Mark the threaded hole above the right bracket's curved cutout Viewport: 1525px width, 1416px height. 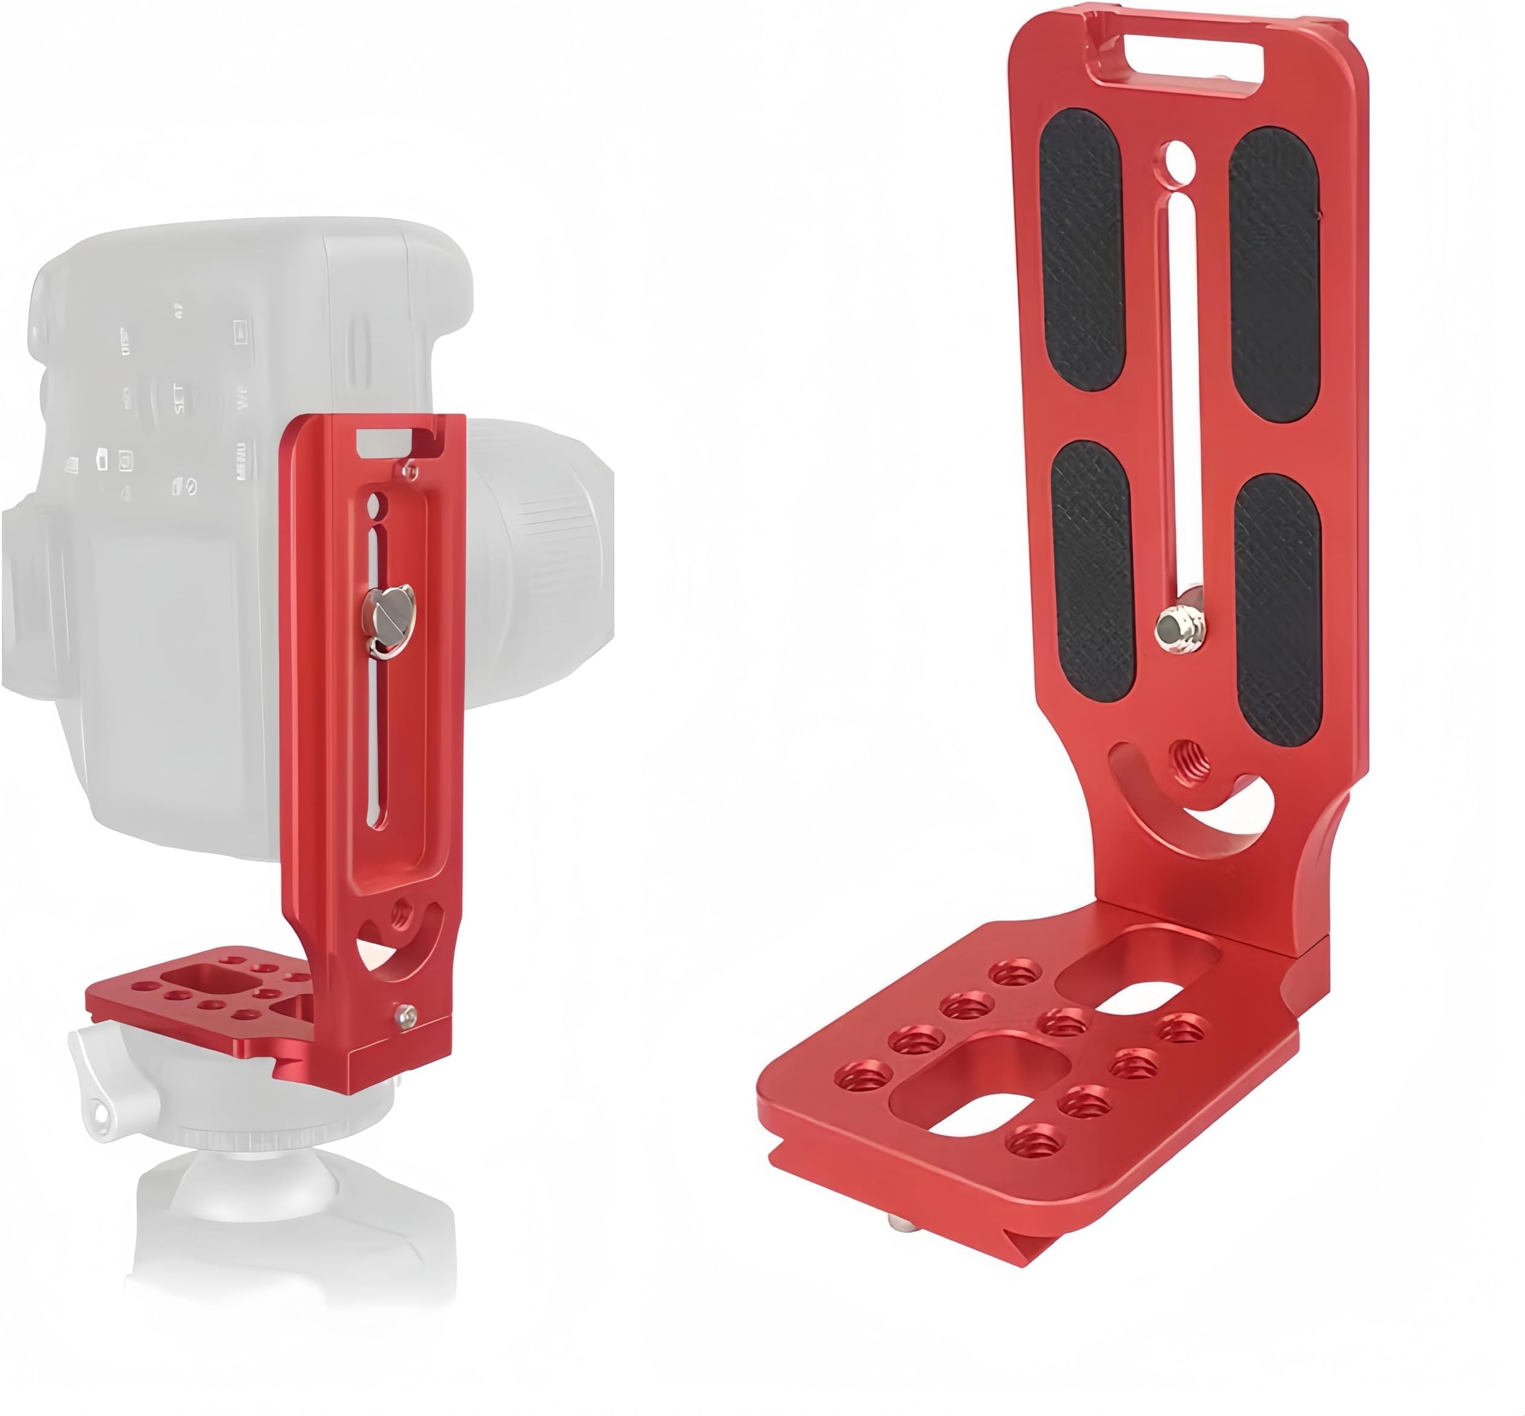[1192, 762]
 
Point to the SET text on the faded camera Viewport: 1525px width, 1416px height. [179, 398]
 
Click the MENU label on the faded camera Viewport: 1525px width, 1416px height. [242, 460]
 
